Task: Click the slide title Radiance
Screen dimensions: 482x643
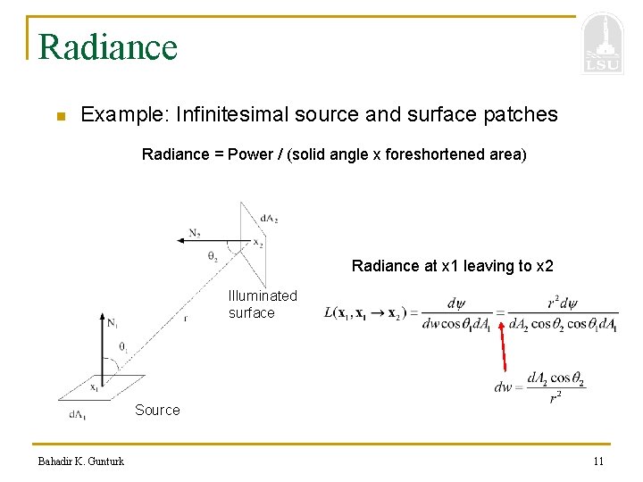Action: click(x=108, y=46)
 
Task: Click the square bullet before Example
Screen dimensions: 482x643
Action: click(x=59, y=116)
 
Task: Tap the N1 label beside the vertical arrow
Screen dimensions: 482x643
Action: click(x=112, y=322)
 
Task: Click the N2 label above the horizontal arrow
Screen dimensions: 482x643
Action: click(x=195, y=233)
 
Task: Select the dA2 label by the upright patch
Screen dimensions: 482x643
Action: click(x=269, y=218)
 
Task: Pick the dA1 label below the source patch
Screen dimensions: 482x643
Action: click(x=78, y=414)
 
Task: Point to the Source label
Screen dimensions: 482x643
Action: click(x=157, y=410)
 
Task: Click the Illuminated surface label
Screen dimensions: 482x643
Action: click(x=262, y=304)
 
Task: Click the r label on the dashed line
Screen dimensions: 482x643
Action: click(x=186, y=316)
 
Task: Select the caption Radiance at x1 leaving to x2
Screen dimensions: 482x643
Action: click(x=452, y=265)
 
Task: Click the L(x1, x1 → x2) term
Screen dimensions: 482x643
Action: click(x=366, y=312)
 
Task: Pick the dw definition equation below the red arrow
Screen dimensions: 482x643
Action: click(x=539, y=387)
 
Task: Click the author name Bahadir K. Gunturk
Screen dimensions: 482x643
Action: click(x=80, y=461)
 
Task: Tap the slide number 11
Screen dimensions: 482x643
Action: click(x=597, y=461)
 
